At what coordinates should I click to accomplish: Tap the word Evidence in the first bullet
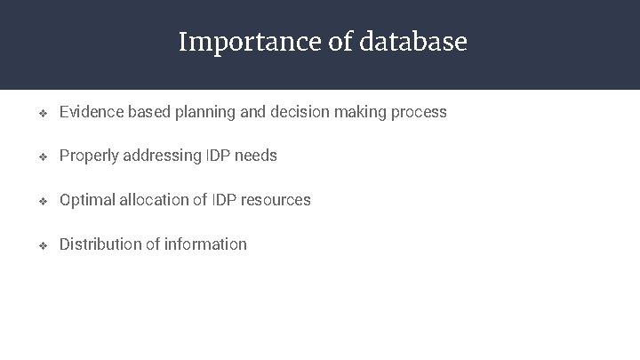click(x=91, y=112)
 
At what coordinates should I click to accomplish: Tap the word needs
click(x=257, y=156)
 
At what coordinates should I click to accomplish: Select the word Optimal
click(x=86, y=200)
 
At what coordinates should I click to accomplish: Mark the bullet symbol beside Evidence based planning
click(x=41, y=113)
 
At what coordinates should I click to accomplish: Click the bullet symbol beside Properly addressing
click(x=41, y=156)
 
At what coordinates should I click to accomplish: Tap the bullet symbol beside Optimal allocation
click(x=41, y=201)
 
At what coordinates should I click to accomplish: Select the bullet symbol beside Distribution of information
click(x=41, y=244)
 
